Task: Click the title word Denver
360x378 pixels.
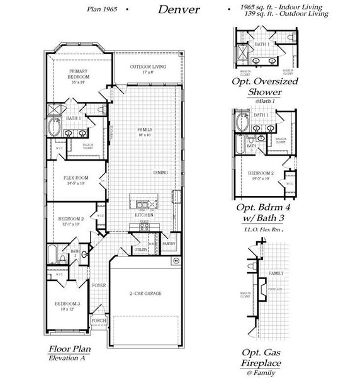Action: point(179,9)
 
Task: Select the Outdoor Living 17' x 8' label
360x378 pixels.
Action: point(147,69)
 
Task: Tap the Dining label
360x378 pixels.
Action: point(160,172)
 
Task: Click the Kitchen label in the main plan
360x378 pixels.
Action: point(144,215)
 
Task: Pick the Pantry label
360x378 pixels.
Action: point(168,243)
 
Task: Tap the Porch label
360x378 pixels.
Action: point(98,320)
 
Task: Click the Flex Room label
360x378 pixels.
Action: point(74,180)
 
